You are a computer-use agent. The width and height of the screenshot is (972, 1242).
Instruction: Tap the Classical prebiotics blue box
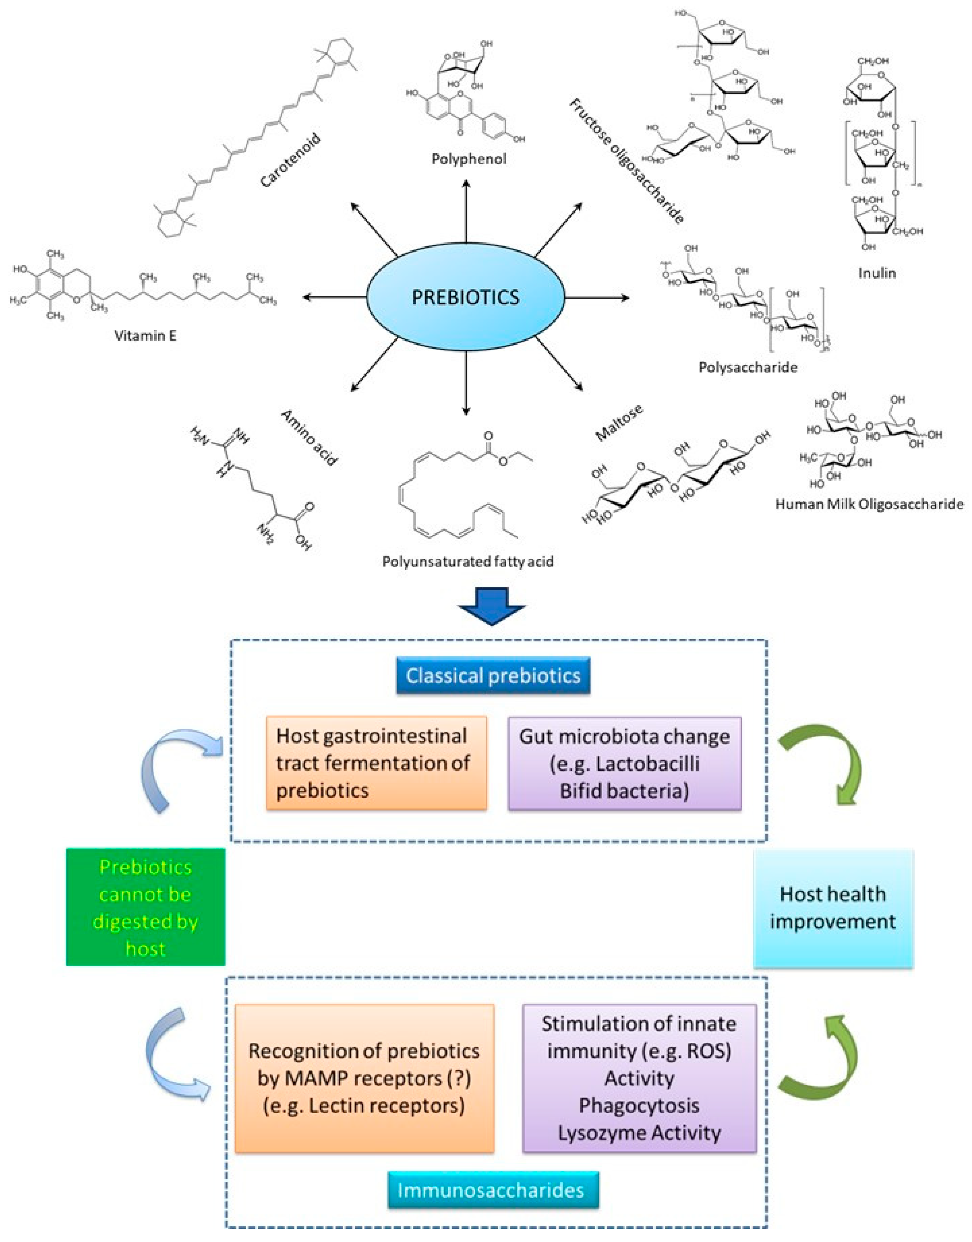493,676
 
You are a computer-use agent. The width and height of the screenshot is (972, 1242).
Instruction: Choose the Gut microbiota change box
624,763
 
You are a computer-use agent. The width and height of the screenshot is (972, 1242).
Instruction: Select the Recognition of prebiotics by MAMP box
364,1078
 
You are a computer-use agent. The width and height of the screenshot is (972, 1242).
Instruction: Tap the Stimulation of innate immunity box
639,1078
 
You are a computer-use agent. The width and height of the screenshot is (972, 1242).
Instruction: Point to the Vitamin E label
145,335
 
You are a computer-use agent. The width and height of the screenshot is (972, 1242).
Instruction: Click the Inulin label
877,273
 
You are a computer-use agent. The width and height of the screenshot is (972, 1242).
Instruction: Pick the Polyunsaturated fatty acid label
468,562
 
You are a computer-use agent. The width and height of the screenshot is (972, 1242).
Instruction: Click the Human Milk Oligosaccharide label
869,504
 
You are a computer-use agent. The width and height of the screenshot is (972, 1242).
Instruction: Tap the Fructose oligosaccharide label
626,161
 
